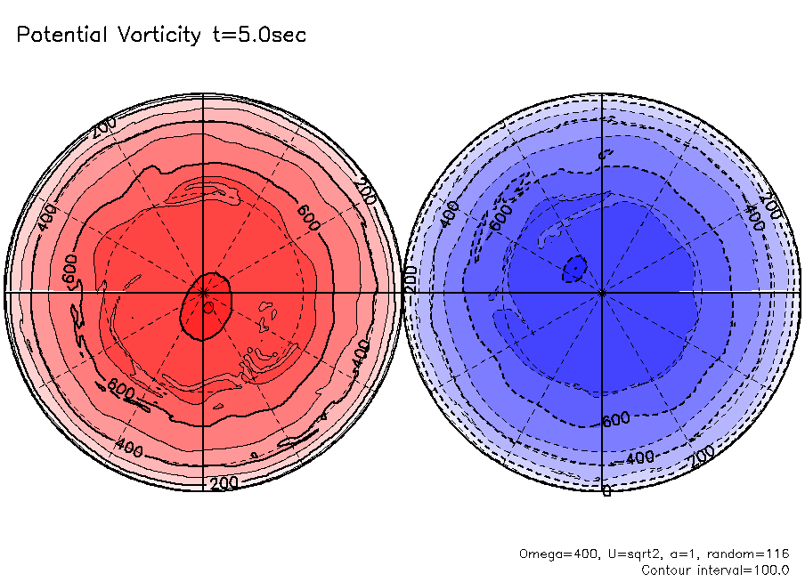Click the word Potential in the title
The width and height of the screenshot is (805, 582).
(x=61, y=35)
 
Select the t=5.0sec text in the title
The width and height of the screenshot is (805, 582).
(x=258, y=35)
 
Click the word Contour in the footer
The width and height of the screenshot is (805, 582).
(x=665, y=570)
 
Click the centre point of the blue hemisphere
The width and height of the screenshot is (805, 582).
(x=602, y=292)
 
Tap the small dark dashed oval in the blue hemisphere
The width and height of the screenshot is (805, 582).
(x=576, y=268)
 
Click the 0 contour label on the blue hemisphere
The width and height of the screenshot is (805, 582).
(x=606, y=490)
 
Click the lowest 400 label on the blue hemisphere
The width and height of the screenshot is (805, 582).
(x=638, y=458)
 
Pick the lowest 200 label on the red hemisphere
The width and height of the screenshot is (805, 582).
(x=223, y=483)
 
